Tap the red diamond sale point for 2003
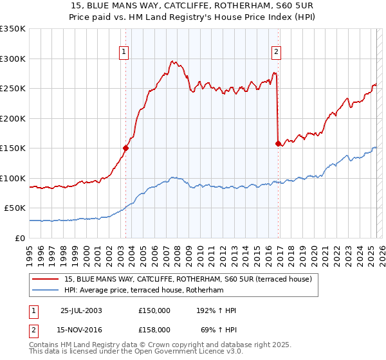point(126,148)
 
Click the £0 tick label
point(19,238)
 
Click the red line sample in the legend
point(46,279)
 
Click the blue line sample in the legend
point(46,290)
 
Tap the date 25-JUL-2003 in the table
point(81,310)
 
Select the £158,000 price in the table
point(154,329)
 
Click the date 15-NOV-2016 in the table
point(81,329)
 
